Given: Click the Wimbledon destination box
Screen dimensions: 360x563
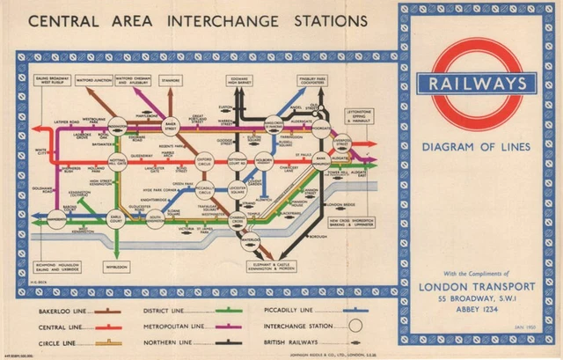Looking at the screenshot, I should click(x=116, y=263).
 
